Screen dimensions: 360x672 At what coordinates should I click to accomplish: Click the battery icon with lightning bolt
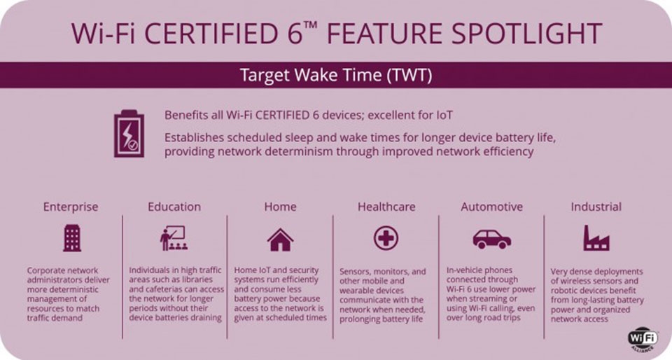(x=129, y=133)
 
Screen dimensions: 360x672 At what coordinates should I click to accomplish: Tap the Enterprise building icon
(x=71, y=239)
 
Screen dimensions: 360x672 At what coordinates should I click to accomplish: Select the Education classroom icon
(x=174, y=239)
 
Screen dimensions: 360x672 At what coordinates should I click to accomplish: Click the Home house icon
(x=280, y=240)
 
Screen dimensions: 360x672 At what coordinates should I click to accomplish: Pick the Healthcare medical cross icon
(x=386, y=239)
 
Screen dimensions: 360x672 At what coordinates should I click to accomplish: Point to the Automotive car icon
(x=491, y=240)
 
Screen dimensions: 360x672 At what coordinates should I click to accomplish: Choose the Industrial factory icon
(x=596, y=239)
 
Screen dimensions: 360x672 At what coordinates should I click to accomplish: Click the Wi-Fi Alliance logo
(x=643, y=338)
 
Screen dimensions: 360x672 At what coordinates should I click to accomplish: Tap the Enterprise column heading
(x=71, y=207)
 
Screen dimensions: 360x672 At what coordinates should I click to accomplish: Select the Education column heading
(x=174, y=207)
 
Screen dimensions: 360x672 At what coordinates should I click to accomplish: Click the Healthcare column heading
(x=386, y=207)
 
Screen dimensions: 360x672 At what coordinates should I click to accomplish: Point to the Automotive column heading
(x=491, y=207)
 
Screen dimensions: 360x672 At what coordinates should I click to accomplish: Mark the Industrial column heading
(x=596, y=207)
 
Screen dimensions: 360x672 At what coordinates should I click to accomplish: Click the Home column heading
(x=280, y=207)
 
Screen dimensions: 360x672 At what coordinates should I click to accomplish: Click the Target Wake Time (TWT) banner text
(x=336, y=75)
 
